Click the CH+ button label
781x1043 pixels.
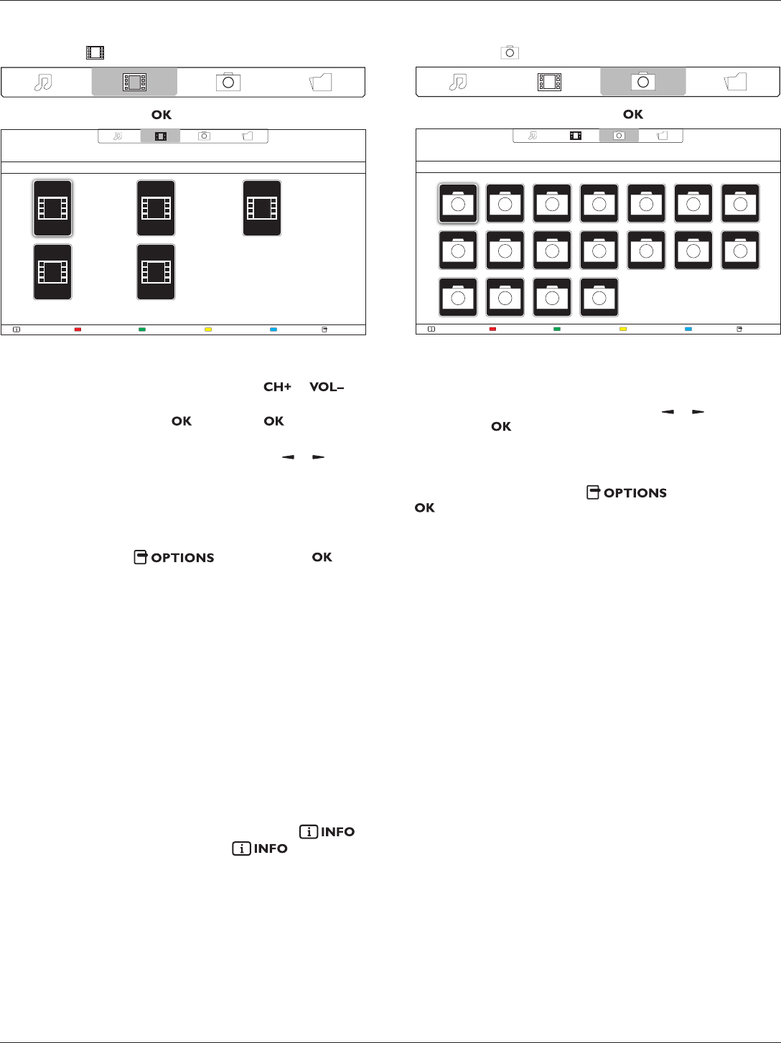point(277,387)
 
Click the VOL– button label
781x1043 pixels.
point(327,387)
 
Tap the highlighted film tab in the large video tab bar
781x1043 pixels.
point(134,82)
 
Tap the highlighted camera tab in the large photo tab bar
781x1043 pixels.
point(642,81)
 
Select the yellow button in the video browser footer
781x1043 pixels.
point(208,329)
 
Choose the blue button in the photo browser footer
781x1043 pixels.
point(688,329)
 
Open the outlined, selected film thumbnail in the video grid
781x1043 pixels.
point(52,208)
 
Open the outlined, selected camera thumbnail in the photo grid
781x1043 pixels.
point(458,204)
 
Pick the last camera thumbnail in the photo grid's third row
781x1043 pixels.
point(599,298)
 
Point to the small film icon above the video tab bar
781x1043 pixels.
point(95,52)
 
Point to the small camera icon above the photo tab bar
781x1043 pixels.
point(510,52)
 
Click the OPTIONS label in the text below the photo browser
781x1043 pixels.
point(627,493)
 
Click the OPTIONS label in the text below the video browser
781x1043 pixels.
point(174,558)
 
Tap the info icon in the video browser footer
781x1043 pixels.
point(17,329)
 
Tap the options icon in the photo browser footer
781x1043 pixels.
point(740,329)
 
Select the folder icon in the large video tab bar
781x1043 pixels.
point(320,82)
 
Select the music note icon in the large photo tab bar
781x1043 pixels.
point(457,82)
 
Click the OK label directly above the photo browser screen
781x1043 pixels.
point(633,114)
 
